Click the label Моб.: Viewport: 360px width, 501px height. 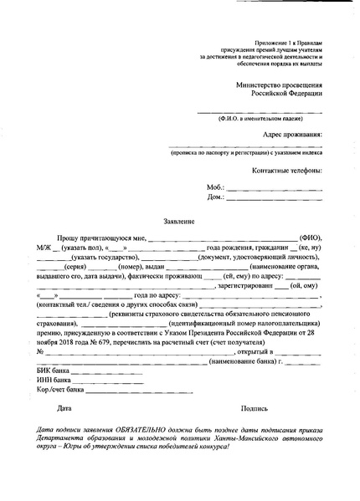pos(216,187)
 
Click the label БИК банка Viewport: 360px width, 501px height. pos(54,369)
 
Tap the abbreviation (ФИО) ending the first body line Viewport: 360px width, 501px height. pos(311,238)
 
